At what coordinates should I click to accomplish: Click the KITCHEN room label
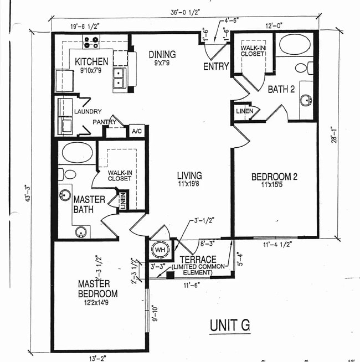91,61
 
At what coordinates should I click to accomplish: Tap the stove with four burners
91,42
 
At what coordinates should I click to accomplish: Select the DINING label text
162,54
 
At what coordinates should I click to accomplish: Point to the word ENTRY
216,67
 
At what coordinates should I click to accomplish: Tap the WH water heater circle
160,250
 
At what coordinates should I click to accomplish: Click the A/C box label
136,131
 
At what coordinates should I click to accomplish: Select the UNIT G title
229,325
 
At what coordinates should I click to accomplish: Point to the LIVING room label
189,175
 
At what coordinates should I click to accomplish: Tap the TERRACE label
197,259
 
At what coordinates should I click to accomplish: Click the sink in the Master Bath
81,231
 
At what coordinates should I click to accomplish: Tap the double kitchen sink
119,79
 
